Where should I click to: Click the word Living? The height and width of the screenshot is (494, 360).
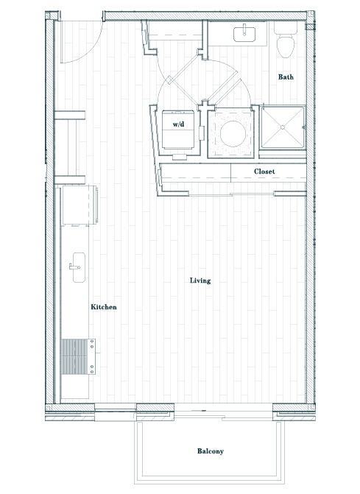pos(200,280)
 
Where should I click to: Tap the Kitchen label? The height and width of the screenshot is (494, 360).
pos(103,307)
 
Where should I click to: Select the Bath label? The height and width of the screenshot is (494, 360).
pos(287,77)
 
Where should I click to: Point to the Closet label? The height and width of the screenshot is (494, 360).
pos(264,172)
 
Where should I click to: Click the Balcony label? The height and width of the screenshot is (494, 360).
pos(210,451)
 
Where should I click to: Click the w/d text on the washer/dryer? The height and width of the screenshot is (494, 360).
pos(178,125)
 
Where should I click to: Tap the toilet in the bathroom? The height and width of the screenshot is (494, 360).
pos(284,43)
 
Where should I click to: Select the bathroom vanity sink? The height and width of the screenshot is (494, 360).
pos(242,34)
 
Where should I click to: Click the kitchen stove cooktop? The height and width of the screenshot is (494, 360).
pos(74,357)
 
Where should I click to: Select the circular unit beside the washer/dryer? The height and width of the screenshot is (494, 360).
pos(230,131)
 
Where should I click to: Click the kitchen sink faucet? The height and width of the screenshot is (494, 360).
pos(72,264)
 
